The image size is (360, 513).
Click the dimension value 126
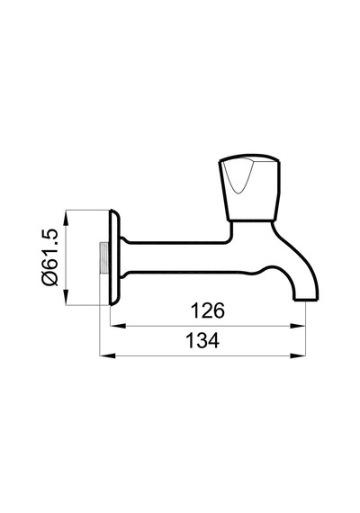coord(208,310)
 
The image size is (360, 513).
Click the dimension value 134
coord(202,340)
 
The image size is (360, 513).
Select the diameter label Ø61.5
coord(49,257)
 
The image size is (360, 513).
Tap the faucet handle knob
coord(250,187)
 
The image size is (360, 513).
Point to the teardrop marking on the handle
coord(238,177)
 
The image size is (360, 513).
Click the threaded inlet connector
coord(104,257)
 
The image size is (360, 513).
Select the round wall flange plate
coord(114,257)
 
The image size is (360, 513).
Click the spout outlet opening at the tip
coord(306,300)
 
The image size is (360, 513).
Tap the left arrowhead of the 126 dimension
coord(118,326)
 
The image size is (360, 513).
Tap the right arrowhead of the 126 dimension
coord(298,326)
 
